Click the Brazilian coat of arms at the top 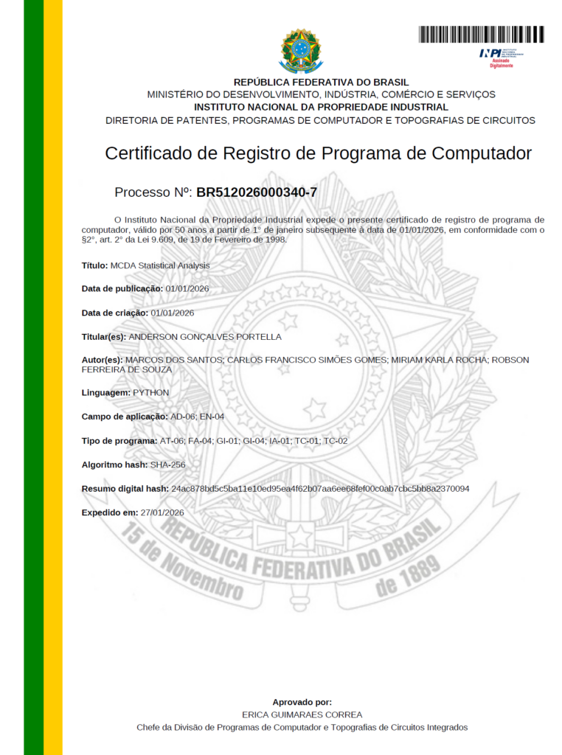[300, 50]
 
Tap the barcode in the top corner [481, 34]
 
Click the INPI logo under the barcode [501, 55]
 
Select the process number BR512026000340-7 [257, 192]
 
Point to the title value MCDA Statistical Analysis [159, 265]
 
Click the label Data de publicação [122, 288]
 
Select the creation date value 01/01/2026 [172, 313]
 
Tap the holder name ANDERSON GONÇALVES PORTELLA [205, 337]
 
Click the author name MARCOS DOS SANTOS [174, 360]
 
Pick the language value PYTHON [150, 393]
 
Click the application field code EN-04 [212, 417]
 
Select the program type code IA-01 [280, 441]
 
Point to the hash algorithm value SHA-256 [167, 465]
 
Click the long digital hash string [320, 489]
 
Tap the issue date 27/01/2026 [162, 512]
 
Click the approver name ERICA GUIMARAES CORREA [302, 714]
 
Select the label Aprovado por [302, 702]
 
